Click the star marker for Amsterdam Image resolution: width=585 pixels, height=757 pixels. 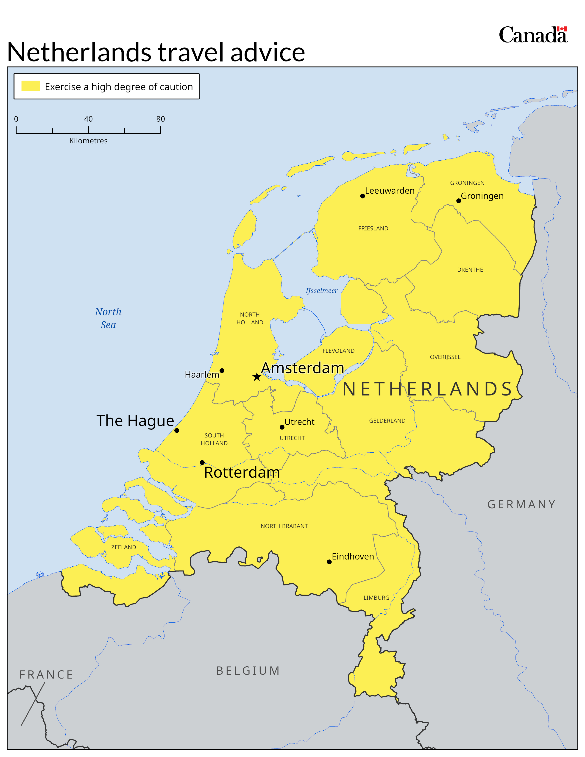pos(256,377)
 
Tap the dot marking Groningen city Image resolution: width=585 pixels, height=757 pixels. pos(459,201)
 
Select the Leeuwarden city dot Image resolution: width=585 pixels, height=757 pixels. pos(362,196)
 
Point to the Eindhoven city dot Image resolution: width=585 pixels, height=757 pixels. pos(329,562)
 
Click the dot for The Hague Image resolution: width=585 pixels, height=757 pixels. pos(177,431)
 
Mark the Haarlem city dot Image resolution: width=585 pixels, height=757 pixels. pos(222,370)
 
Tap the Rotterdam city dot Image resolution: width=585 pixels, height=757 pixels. pos(202,462)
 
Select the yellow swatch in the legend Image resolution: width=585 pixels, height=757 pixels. pos(31,86)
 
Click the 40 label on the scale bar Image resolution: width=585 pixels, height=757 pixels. pos(88,119)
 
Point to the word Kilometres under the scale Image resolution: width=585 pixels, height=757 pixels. pos(88,141)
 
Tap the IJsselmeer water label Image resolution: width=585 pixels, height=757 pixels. pos(321,290)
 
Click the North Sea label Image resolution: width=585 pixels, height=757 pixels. pos(108,318)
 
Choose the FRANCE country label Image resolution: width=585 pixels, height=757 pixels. pos(46,674)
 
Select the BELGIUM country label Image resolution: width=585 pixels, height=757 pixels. pos(248,671)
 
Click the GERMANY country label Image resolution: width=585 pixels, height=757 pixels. pos(522,504)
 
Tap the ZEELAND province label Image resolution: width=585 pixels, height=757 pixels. pos(123,547)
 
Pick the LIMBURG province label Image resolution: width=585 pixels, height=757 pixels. pos(376,598)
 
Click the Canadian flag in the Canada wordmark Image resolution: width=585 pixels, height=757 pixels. pos(562,29)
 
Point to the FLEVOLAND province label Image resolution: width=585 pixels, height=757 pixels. pos(338,351)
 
